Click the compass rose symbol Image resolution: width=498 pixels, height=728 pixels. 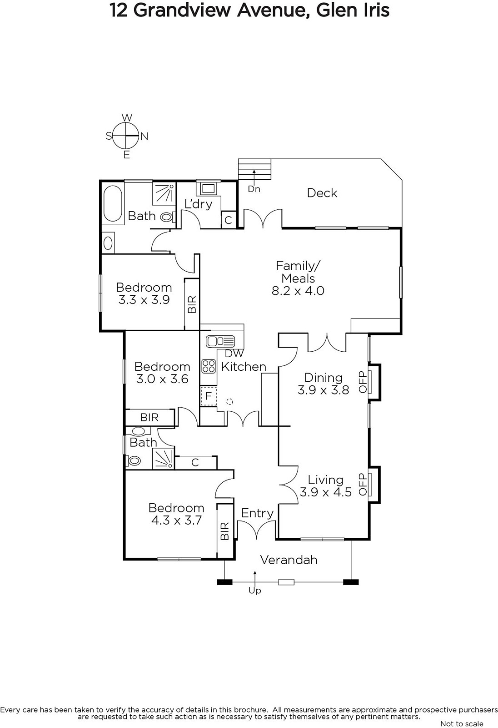[126, 136]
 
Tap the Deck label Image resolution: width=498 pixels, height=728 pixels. [322, 193]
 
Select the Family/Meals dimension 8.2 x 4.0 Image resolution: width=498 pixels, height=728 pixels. [298, 291]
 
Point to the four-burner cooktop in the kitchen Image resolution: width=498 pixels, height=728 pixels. [209, 366]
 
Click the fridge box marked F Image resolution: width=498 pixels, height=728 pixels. [209, 396]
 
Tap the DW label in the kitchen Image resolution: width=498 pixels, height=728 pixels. [234, 353]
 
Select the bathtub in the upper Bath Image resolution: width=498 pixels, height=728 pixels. [113, 203]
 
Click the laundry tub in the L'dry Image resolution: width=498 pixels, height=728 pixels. [208, 188]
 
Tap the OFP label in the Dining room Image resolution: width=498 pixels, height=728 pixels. [362, 382]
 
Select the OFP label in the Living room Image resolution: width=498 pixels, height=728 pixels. [362, 484]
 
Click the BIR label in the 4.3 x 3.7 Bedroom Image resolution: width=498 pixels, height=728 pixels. [224, 531]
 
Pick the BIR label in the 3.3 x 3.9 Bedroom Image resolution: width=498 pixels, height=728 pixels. [192, 304]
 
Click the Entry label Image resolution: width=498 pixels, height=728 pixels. [258, 514]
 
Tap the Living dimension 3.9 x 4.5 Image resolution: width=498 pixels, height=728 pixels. [326, 492]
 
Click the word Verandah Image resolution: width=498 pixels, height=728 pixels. [289, 560]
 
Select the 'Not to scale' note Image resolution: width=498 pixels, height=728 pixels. [462, 723]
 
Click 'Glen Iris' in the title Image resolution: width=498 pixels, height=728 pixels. [353, 10]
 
